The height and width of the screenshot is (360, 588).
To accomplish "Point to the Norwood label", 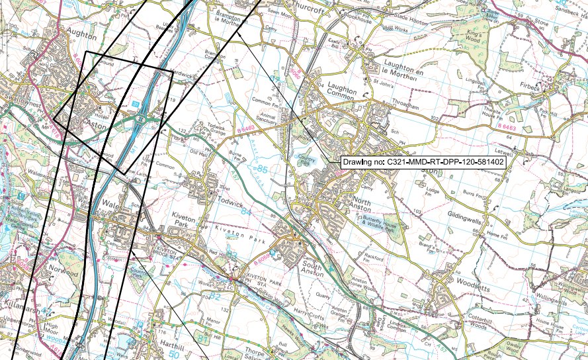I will tap(62, 269).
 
